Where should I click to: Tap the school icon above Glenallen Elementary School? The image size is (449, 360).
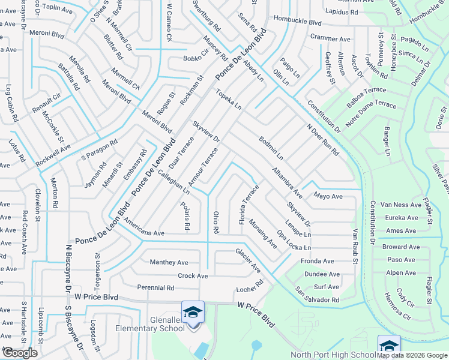(x=193, y=312)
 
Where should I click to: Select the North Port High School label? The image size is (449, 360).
(x=333, y=355)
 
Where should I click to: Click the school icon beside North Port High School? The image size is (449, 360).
(x=388, y=346)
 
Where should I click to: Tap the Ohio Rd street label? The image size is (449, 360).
(x=215, y=222)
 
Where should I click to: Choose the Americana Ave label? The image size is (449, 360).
(x=143, y=233)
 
